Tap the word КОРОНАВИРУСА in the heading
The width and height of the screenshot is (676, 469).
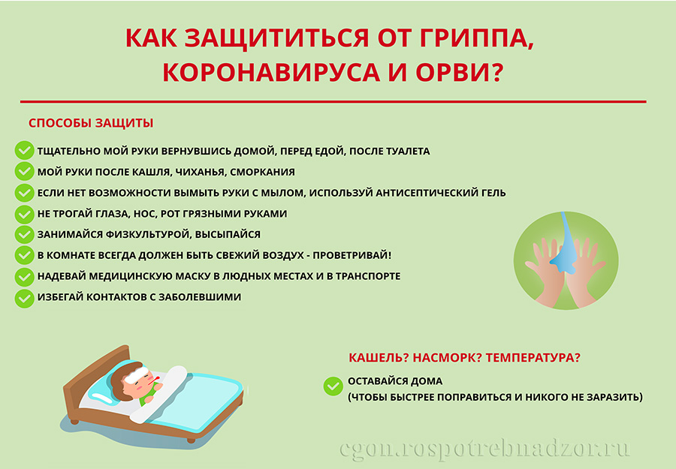coord(271,72)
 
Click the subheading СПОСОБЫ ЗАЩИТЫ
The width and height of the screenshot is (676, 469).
coord(91,123)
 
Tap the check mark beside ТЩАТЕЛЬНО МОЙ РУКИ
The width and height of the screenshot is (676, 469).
coord(24,151)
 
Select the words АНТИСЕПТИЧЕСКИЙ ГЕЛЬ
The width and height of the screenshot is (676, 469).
coord(441,193)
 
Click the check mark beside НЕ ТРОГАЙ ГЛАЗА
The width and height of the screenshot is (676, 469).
coord(24,214)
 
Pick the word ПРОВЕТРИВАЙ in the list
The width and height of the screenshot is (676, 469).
coord(350,255)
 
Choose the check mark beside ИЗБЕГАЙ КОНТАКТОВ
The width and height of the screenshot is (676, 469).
coord(24,298)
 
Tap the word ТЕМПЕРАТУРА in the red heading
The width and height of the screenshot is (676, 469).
coord(531,357)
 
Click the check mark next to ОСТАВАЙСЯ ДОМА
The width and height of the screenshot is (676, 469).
coord(333,386)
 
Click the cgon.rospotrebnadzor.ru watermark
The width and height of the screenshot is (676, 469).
coord(484,449)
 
